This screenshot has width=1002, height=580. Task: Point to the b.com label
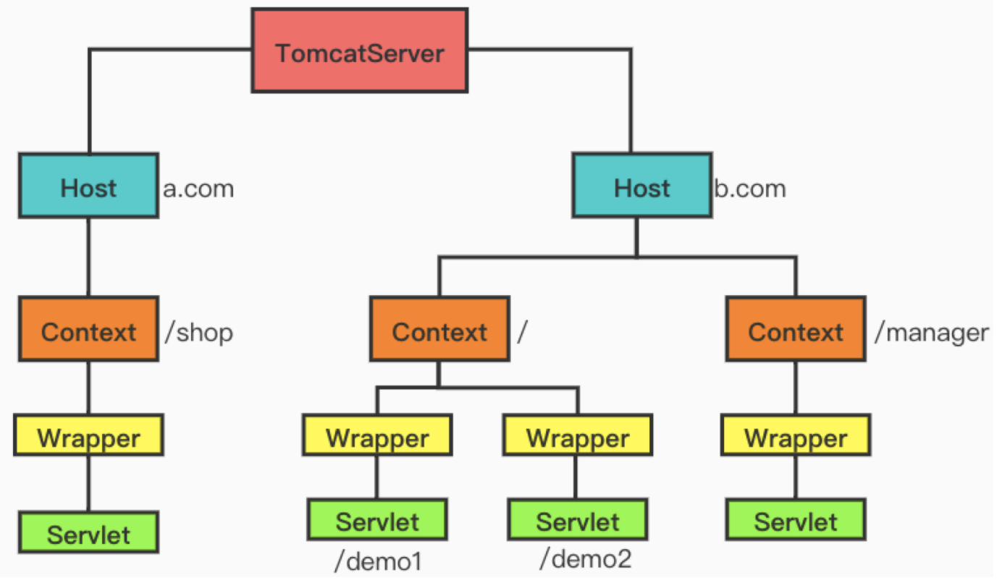749,189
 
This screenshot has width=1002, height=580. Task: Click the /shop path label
199,333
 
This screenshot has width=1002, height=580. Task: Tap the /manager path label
932,333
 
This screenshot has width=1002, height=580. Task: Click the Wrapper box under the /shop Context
88,435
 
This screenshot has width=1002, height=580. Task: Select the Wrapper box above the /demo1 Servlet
377,435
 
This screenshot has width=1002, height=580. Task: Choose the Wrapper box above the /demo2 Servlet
578,435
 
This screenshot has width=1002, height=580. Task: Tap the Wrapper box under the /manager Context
795,435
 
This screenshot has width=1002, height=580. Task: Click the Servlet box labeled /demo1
376,520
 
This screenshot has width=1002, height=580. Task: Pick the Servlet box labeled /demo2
577,520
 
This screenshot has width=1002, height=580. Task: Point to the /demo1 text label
376,560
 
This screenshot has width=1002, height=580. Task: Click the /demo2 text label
585,558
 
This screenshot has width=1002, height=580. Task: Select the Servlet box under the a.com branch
88,533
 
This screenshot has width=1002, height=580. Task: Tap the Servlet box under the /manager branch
795,520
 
